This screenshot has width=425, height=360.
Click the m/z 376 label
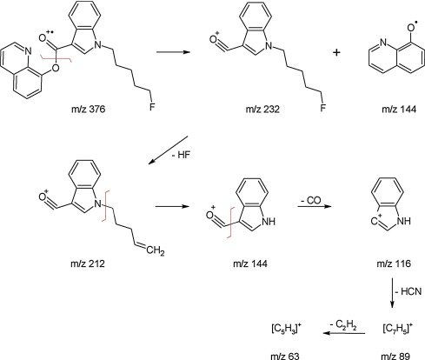click(88, 109)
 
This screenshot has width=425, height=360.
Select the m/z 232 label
click(262, 109)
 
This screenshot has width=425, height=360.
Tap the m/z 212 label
click(88, 263)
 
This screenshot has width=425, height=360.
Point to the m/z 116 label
click(394, 263)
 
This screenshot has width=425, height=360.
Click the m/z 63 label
click(285, 356)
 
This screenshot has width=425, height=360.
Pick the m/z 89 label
click(395, 356)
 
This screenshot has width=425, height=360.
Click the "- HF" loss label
click(181, 155)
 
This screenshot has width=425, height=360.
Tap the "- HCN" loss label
click(408, 291)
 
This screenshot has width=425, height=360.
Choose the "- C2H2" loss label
click(343, 325)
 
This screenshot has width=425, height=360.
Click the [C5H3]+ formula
click(287, 329)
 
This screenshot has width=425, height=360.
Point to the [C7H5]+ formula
click(397, 329)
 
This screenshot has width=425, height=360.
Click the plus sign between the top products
click(336, 52)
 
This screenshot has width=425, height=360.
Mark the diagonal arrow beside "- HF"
click(168, 150)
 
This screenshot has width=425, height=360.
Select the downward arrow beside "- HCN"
click(392, 293)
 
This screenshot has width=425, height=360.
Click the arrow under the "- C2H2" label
click(344, 333)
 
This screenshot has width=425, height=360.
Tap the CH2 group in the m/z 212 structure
click(156, 250)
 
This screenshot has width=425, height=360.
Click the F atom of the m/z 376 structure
click(152, 107)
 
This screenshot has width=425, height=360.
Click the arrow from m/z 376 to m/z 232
click(173, 52)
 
